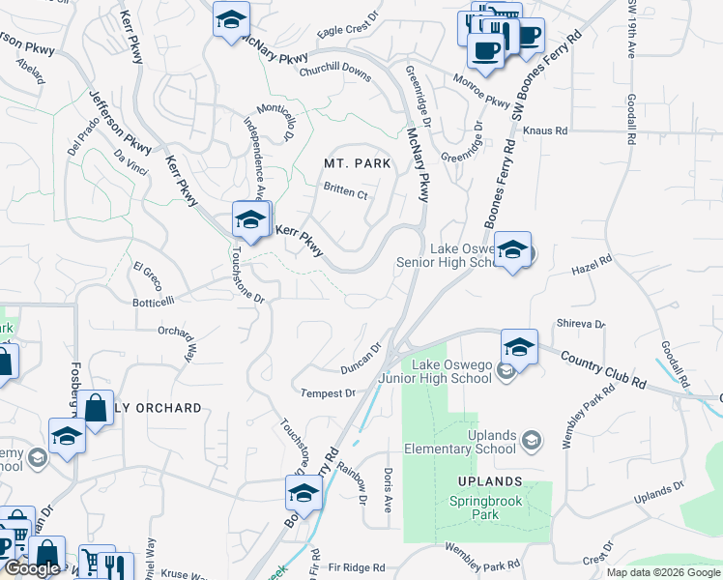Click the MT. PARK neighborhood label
tap(358, 163)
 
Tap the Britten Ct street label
tap(346, 193)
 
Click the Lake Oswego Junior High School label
tap(453, 371)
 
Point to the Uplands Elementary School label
tap(492, 442)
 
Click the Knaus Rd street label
tap(545, 129)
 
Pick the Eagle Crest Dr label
tap(345, 30)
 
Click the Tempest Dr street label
tap(329, 393)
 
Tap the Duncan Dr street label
tap(362, 359)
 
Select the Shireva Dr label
tap(580, 324)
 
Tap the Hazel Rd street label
tap(593, 261)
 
